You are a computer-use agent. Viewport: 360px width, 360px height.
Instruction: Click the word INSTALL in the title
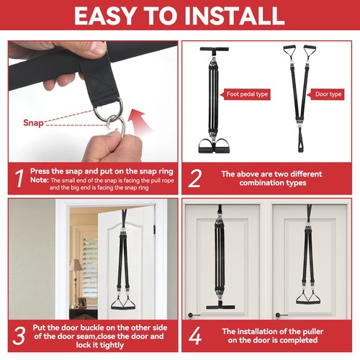click(235, 16)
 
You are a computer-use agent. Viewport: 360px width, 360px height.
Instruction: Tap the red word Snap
click(33, 122)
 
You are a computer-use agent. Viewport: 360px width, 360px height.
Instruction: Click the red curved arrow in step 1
click(139, 122)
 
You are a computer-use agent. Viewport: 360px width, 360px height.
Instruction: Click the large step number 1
click(19, 178)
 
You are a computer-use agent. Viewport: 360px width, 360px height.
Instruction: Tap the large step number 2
click(194, 178)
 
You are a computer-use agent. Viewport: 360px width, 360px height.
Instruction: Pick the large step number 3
click(19, 336)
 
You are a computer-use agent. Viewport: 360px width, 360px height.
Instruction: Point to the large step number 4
click(195, 336)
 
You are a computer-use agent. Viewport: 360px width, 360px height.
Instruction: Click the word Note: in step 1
click(40, 180)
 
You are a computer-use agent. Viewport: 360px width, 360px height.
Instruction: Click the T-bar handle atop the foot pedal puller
click(215, 50)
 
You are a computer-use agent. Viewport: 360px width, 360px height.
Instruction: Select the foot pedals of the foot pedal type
click(215, 146)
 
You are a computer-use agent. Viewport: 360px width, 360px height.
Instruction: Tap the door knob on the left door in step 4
click(191, 315)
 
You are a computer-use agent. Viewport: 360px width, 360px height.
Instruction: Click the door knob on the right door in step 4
click(279, 315)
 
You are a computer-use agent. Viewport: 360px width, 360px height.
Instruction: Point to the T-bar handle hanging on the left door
click(220, 306)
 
